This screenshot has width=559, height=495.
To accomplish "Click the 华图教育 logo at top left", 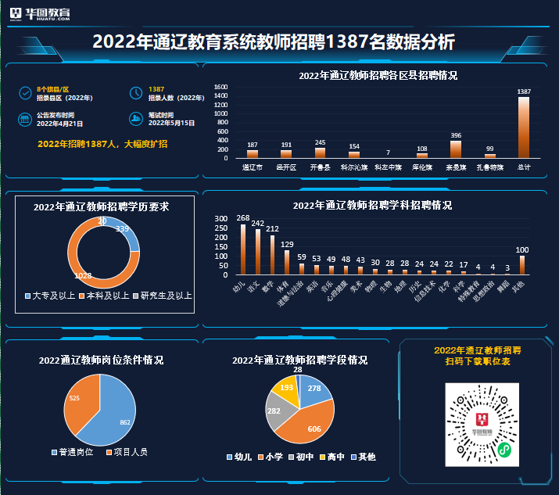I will click(46, 14).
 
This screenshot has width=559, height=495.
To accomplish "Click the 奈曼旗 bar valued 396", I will click(456, 149).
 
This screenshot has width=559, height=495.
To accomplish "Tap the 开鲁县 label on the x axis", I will click(321, 167).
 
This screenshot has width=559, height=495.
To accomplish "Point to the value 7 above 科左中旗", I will click(388, 152).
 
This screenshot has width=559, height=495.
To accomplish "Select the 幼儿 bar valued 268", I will click(242, 249).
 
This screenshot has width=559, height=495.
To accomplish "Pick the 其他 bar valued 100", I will click(522, 265).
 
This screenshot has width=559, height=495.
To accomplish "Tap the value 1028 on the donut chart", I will click(83, 275).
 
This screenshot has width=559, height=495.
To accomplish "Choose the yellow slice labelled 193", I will click(286, 389).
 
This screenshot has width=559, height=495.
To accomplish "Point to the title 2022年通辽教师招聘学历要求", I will click(102, 207).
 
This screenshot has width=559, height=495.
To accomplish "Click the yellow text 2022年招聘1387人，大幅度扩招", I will click(102, 144).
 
